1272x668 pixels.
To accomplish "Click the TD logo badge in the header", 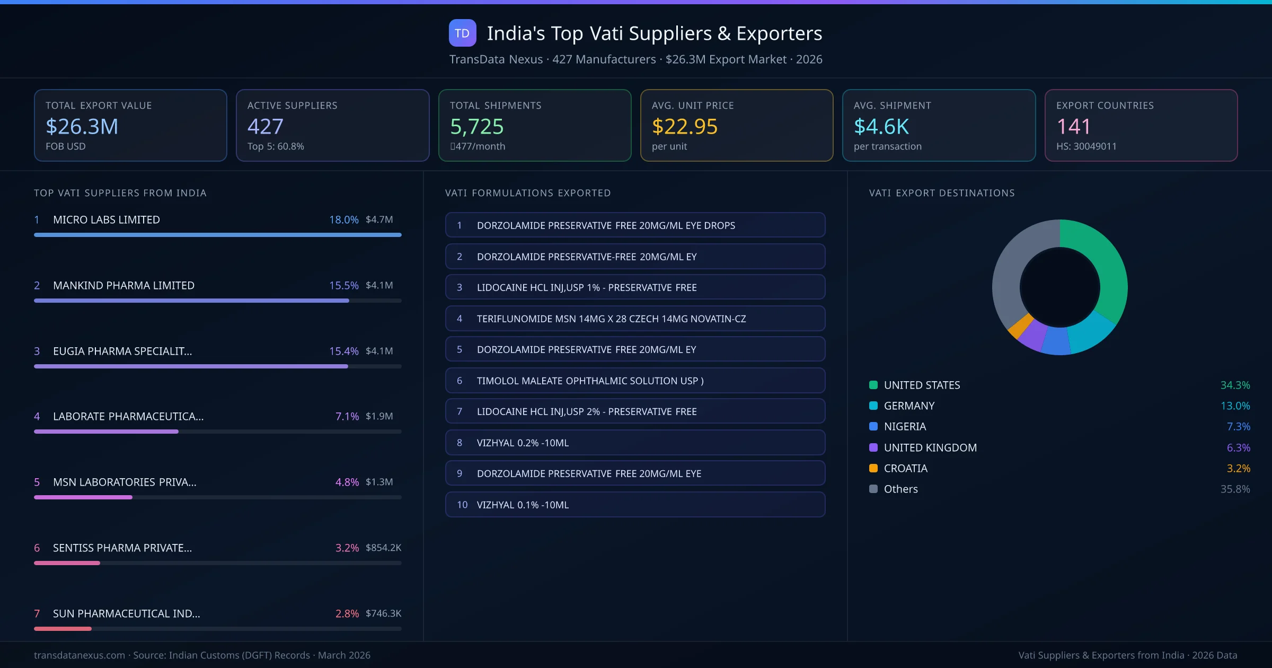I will pos(462,33).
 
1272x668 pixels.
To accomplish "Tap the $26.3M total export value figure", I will pos(82,127).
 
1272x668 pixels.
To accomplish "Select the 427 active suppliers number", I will pos(266,127).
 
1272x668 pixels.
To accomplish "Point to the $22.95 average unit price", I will pos(684,127).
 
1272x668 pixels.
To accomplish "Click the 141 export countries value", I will pos(1073,127).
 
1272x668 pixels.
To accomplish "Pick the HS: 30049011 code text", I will pos(1086,146).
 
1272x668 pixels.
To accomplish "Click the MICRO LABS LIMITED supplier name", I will pos(107,219).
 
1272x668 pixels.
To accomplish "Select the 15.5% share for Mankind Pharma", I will pos(343,285).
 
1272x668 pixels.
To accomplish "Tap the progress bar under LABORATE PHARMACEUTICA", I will pos(106,432).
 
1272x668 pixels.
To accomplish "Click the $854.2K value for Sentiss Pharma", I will pos(383,548).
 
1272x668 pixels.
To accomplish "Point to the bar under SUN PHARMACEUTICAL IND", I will pos(63,629).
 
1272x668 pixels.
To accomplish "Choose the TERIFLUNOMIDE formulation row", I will pos(635,319).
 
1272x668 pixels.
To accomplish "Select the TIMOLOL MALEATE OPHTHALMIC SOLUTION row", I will pos(635,381).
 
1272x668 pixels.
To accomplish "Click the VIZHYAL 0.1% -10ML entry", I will pos(635,505).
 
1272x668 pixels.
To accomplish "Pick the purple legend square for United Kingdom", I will pos(873,447).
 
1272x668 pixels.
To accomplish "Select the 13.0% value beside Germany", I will pos(1235,406).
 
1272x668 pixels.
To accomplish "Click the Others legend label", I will pos(900,489).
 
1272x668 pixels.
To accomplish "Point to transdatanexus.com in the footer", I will pos(79,655).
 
